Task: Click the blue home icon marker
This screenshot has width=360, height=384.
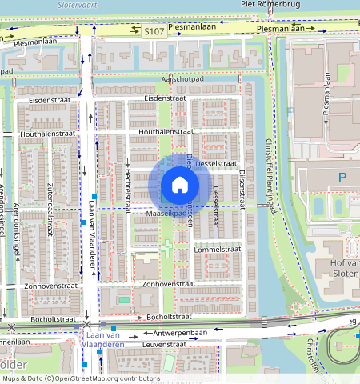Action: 180,186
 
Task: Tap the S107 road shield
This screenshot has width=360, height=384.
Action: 154,31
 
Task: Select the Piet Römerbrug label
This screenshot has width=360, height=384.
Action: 270,4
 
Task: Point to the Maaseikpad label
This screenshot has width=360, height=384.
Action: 168,214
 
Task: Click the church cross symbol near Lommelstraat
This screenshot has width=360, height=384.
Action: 167,249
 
